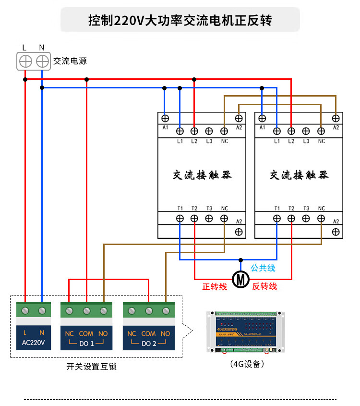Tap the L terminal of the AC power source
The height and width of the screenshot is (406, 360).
tap(25, 61)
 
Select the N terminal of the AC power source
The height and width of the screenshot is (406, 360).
tap(42, 61)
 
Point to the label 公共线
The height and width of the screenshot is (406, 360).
tap(263, 268)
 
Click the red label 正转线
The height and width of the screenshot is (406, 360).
tap(215, 287)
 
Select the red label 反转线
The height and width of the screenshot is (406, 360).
tap(264, 286)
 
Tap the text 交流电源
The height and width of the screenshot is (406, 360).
tap(70, 61)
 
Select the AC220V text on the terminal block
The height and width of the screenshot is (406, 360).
tap(33, 343)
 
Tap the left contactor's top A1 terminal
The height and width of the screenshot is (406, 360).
tap(165, 118)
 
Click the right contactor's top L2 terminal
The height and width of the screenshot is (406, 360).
tap(291, 131)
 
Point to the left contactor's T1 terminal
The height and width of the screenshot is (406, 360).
tap(180, 218)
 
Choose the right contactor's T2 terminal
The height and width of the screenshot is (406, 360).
tap(291, 218)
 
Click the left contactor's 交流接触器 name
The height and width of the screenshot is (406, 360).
tap(202, 175)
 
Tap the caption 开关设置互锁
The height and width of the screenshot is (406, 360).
tap(91, 367)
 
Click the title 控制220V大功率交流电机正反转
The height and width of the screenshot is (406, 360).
tap(180, 20)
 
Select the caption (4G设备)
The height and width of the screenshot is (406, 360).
tap(247, 364)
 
